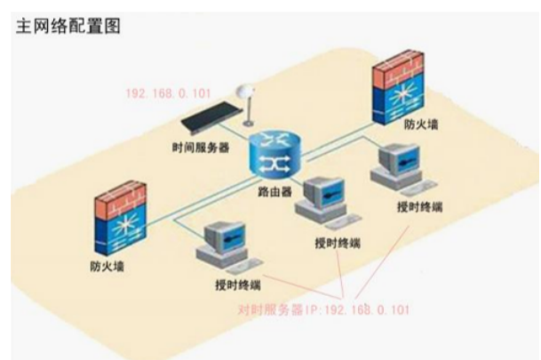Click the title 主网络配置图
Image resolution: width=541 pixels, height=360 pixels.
68,27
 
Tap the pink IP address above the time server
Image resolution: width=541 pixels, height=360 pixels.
168,93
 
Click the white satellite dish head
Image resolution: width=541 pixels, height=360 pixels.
244,92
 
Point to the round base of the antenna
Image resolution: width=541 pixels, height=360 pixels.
248,123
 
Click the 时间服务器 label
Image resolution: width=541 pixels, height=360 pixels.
201,148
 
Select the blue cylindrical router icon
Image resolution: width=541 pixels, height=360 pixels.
275,154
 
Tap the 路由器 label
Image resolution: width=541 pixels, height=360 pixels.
275,192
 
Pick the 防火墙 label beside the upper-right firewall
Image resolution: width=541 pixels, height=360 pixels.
421,124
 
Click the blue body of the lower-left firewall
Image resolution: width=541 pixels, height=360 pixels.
121,232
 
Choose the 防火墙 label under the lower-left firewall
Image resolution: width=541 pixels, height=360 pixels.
107,266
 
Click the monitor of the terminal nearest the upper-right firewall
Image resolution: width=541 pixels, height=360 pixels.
400,160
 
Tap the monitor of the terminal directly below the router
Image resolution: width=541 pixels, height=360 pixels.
324,193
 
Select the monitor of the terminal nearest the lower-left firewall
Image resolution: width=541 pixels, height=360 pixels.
225,239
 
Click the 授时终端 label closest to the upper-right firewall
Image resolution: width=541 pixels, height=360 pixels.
419,207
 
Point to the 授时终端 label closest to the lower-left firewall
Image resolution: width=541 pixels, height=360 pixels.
238,285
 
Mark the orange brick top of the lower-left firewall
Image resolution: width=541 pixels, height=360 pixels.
121,199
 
